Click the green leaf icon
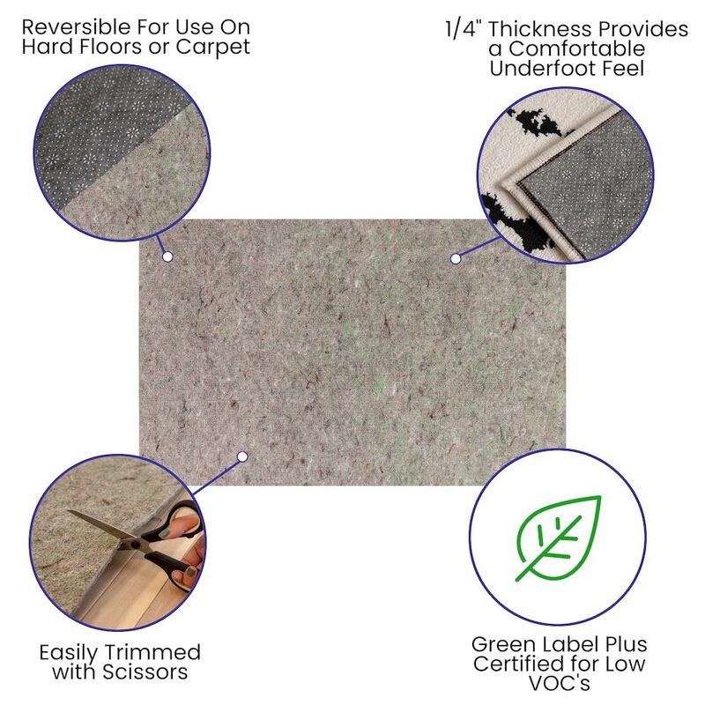click(x=558, y=538)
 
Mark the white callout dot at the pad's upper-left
click(x=167, y=256)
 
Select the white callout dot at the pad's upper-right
click(x=456, y=258)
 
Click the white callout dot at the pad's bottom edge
click(x=241, y=456)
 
